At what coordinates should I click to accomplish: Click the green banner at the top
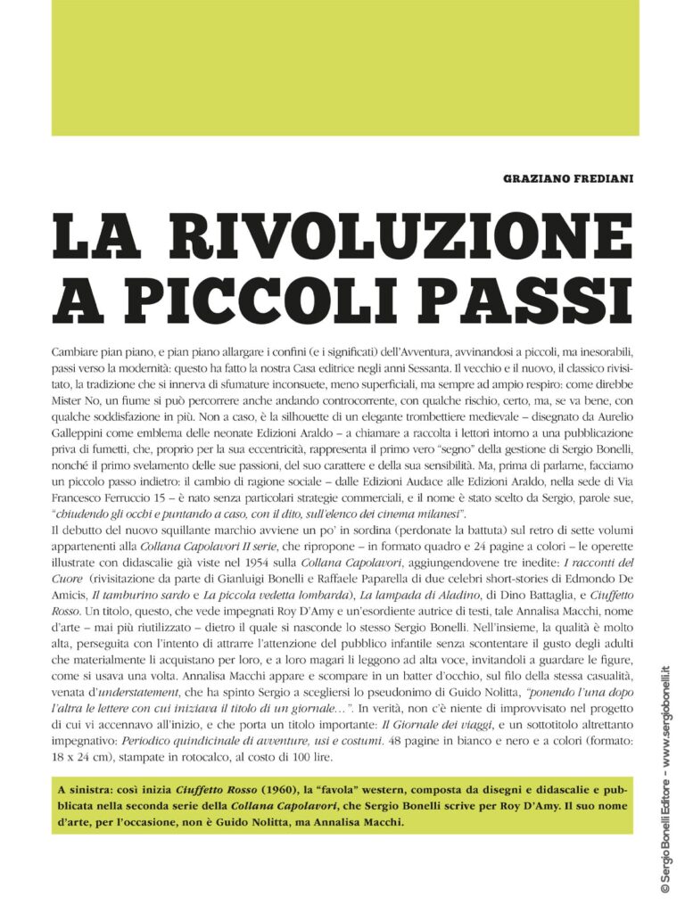point(345,67)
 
